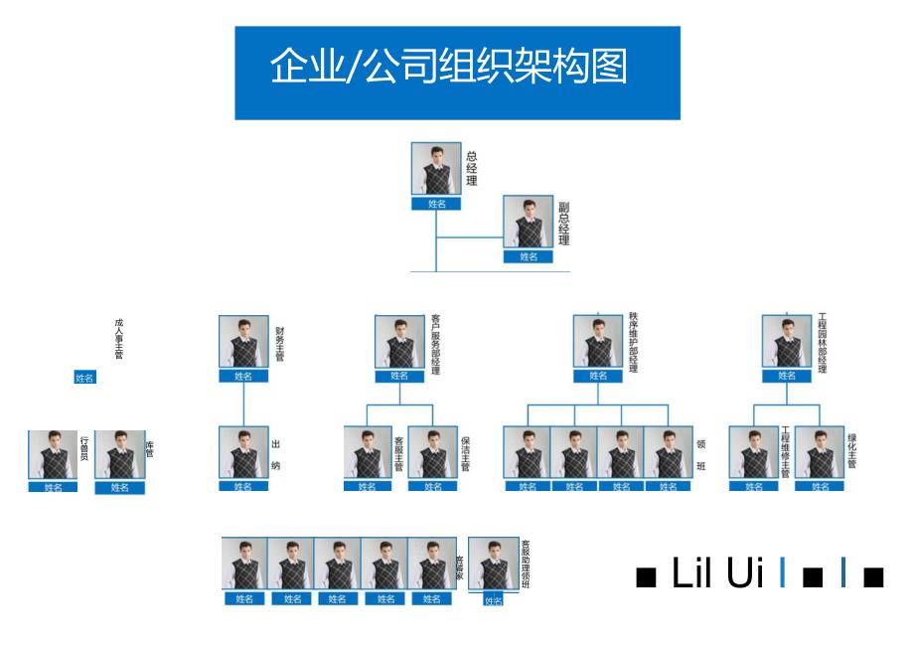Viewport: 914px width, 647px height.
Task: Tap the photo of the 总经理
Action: pyautogui.click(x=436, y=169)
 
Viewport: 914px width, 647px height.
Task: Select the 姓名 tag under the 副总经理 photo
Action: pyautogui.click(x=528, y=256)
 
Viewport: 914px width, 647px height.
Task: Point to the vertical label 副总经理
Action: pyautogui.click(x=563, y=225)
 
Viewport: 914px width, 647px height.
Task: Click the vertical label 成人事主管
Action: pyautogui.click(x=119, y=339)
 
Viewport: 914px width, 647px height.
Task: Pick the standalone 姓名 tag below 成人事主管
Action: pyautogui.click(x=85, y=378)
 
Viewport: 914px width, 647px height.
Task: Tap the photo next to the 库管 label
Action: pyautogui.click(x=120, y=455)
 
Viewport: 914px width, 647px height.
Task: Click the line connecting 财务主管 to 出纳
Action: pyautogui.click(x=243, y=404)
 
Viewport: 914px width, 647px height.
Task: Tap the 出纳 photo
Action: pyautogui.click(x=243, y=453)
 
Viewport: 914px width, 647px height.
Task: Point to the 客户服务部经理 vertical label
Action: pyautogui.click(x=435, y=345)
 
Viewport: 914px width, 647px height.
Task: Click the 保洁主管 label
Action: pyautogui.click(x=464, y=453)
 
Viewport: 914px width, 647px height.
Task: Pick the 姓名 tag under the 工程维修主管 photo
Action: pyautogui.click(x=754, y=486)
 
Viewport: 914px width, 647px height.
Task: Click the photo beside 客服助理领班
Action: pyautogui.click(x=493, y=565)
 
